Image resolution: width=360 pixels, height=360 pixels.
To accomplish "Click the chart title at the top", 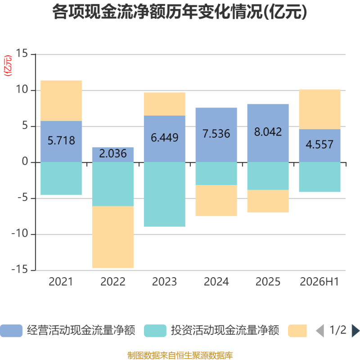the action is click(180, 12).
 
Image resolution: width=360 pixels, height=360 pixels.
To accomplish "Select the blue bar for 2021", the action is click(61, 141).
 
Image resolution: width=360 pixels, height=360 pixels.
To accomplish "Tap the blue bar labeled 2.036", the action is click(113, 155).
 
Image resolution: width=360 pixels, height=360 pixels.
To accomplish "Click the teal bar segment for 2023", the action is click(165, 194).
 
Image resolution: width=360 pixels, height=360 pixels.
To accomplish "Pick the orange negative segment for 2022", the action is click(113, 237).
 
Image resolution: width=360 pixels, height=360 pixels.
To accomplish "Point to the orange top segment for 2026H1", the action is click(319, 109).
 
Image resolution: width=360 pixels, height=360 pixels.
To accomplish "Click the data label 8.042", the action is click(268, 132).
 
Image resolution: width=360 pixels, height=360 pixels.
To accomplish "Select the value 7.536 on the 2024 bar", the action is click(216, 134).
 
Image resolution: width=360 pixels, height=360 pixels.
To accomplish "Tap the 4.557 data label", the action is click(319, 144).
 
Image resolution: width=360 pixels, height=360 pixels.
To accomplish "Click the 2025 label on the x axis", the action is click(268, 282).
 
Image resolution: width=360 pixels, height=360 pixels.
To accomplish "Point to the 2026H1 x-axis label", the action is click(319, 282).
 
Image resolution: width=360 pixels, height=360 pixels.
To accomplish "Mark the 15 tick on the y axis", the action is click(22, 54).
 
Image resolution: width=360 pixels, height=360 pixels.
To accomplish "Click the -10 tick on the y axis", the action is click(20, 234).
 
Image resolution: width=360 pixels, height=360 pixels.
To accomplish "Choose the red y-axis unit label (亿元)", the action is click(8, 66).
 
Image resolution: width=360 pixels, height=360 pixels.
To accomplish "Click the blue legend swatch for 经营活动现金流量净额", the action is click(11, 331).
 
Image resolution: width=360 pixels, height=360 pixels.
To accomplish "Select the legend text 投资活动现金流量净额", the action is click(225, 330).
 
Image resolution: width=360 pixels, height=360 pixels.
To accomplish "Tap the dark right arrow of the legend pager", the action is click(356, 331).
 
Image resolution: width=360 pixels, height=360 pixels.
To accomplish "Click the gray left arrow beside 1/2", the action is click(320, 331).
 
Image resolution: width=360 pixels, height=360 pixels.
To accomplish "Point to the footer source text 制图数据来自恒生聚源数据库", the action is click(180, 355).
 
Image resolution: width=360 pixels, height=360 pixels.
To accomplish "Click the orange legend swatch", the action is click(297, 331).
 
